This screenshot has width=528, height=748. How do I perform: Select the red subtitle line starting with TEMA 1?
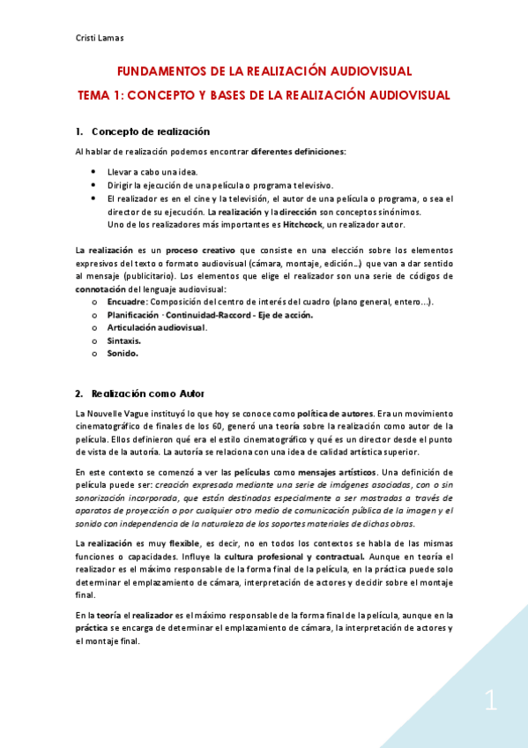pos(264,94)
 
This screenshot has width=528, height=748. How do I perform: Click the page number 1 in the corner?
pos(491,702)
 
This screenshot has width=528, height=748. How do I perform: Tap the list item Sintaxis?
pos(124,340)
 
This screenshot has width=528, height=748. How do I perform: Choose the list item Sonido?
pos(123,353)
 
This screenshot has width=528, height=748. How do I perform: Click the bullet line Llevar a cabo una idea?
pos(153,172)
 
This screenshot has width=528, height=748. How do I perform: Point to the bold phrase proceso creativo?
pos(201,251)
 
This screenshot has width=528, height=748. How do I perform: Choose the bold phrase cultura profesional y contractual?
pos(294,557)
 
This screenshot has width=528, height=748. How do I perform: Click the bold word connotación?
pos(101,288)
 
